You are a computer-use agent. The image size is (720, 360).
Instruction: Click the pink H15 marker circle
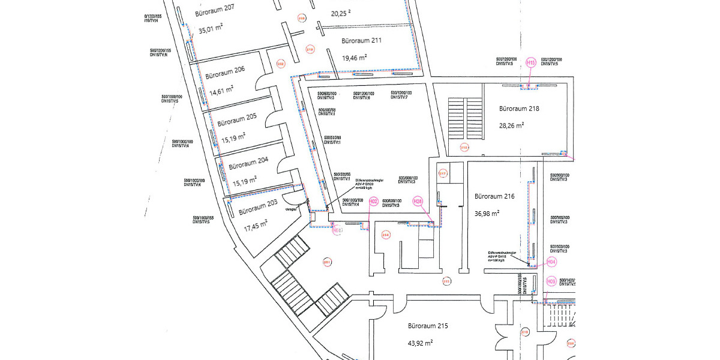pos(530,62)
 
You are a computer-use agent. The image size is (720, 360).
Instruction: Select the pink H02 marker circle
pos(373,202)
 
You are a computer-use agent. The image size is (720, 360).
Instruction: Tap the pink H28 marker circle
pos(418,202)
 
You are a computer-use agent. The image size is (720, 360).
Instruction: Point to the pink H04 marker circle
pos(551,262)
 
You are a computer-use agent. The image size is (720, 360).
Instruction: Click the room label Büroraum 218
pos(519,109)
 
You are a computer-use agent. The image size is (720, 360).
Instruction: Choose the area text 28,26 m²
pos(512,126)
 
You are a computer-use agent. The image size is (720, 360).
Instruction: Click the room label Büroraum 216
pos(494,196)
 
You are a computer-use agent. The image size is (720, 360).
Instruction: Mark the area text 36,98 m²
pos(487,213)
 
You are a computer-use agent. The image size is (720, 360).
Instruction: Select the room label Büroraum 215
pos(428,326)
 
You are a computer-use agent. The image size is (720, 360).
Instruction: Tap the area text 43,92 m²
pos(421,343)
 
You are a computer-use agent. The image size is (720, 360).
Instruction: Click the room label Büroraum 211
pos(362,41)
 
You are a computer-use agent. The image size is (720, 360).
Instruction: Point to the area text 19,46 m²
pos(355,58)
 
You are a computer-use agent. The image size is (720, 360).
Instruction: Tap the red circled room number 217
pos(443,174)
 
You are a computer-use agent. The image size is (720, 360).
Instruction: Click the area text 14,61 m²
pos(221,90)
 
